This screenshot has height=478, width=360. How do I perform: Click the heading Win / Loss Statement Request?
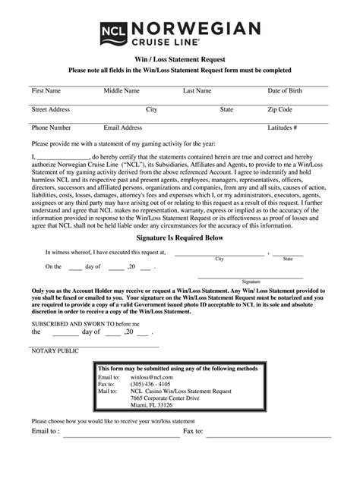point(179,58)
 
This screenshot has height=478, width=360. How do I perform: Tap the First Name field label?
point(46,91)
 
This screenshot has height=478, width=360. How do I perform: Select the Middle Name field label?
point(122,91)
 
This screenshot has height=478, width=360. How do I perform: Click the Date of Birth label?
point(285,91)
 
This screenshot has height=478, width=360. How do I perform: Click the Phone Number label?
point(51,127)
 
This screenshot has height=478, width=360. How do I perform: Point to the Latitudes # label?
point(282,127)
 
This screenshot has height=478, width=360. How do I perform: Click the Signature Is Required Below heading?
point(179,237)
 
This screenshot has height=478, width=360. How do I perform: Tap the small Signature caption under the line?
point(251,280)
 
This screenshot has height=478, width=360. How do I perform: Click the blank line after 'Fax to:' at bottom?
point(266,433)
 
